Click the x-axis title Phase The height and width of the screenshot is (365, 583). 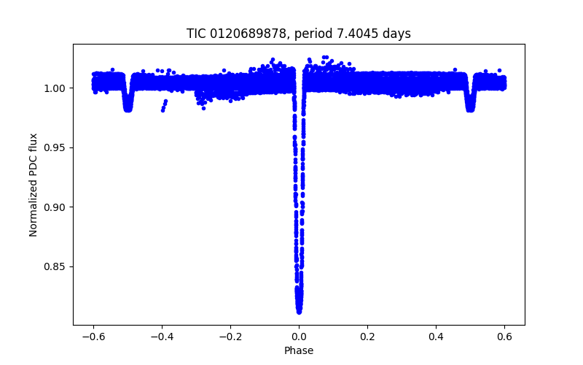tap(299, 350)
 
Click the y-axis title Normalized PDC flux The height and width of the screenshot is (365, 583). tap(34, 184)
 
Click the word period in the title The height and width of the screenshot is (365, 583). tap(312, 34)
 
